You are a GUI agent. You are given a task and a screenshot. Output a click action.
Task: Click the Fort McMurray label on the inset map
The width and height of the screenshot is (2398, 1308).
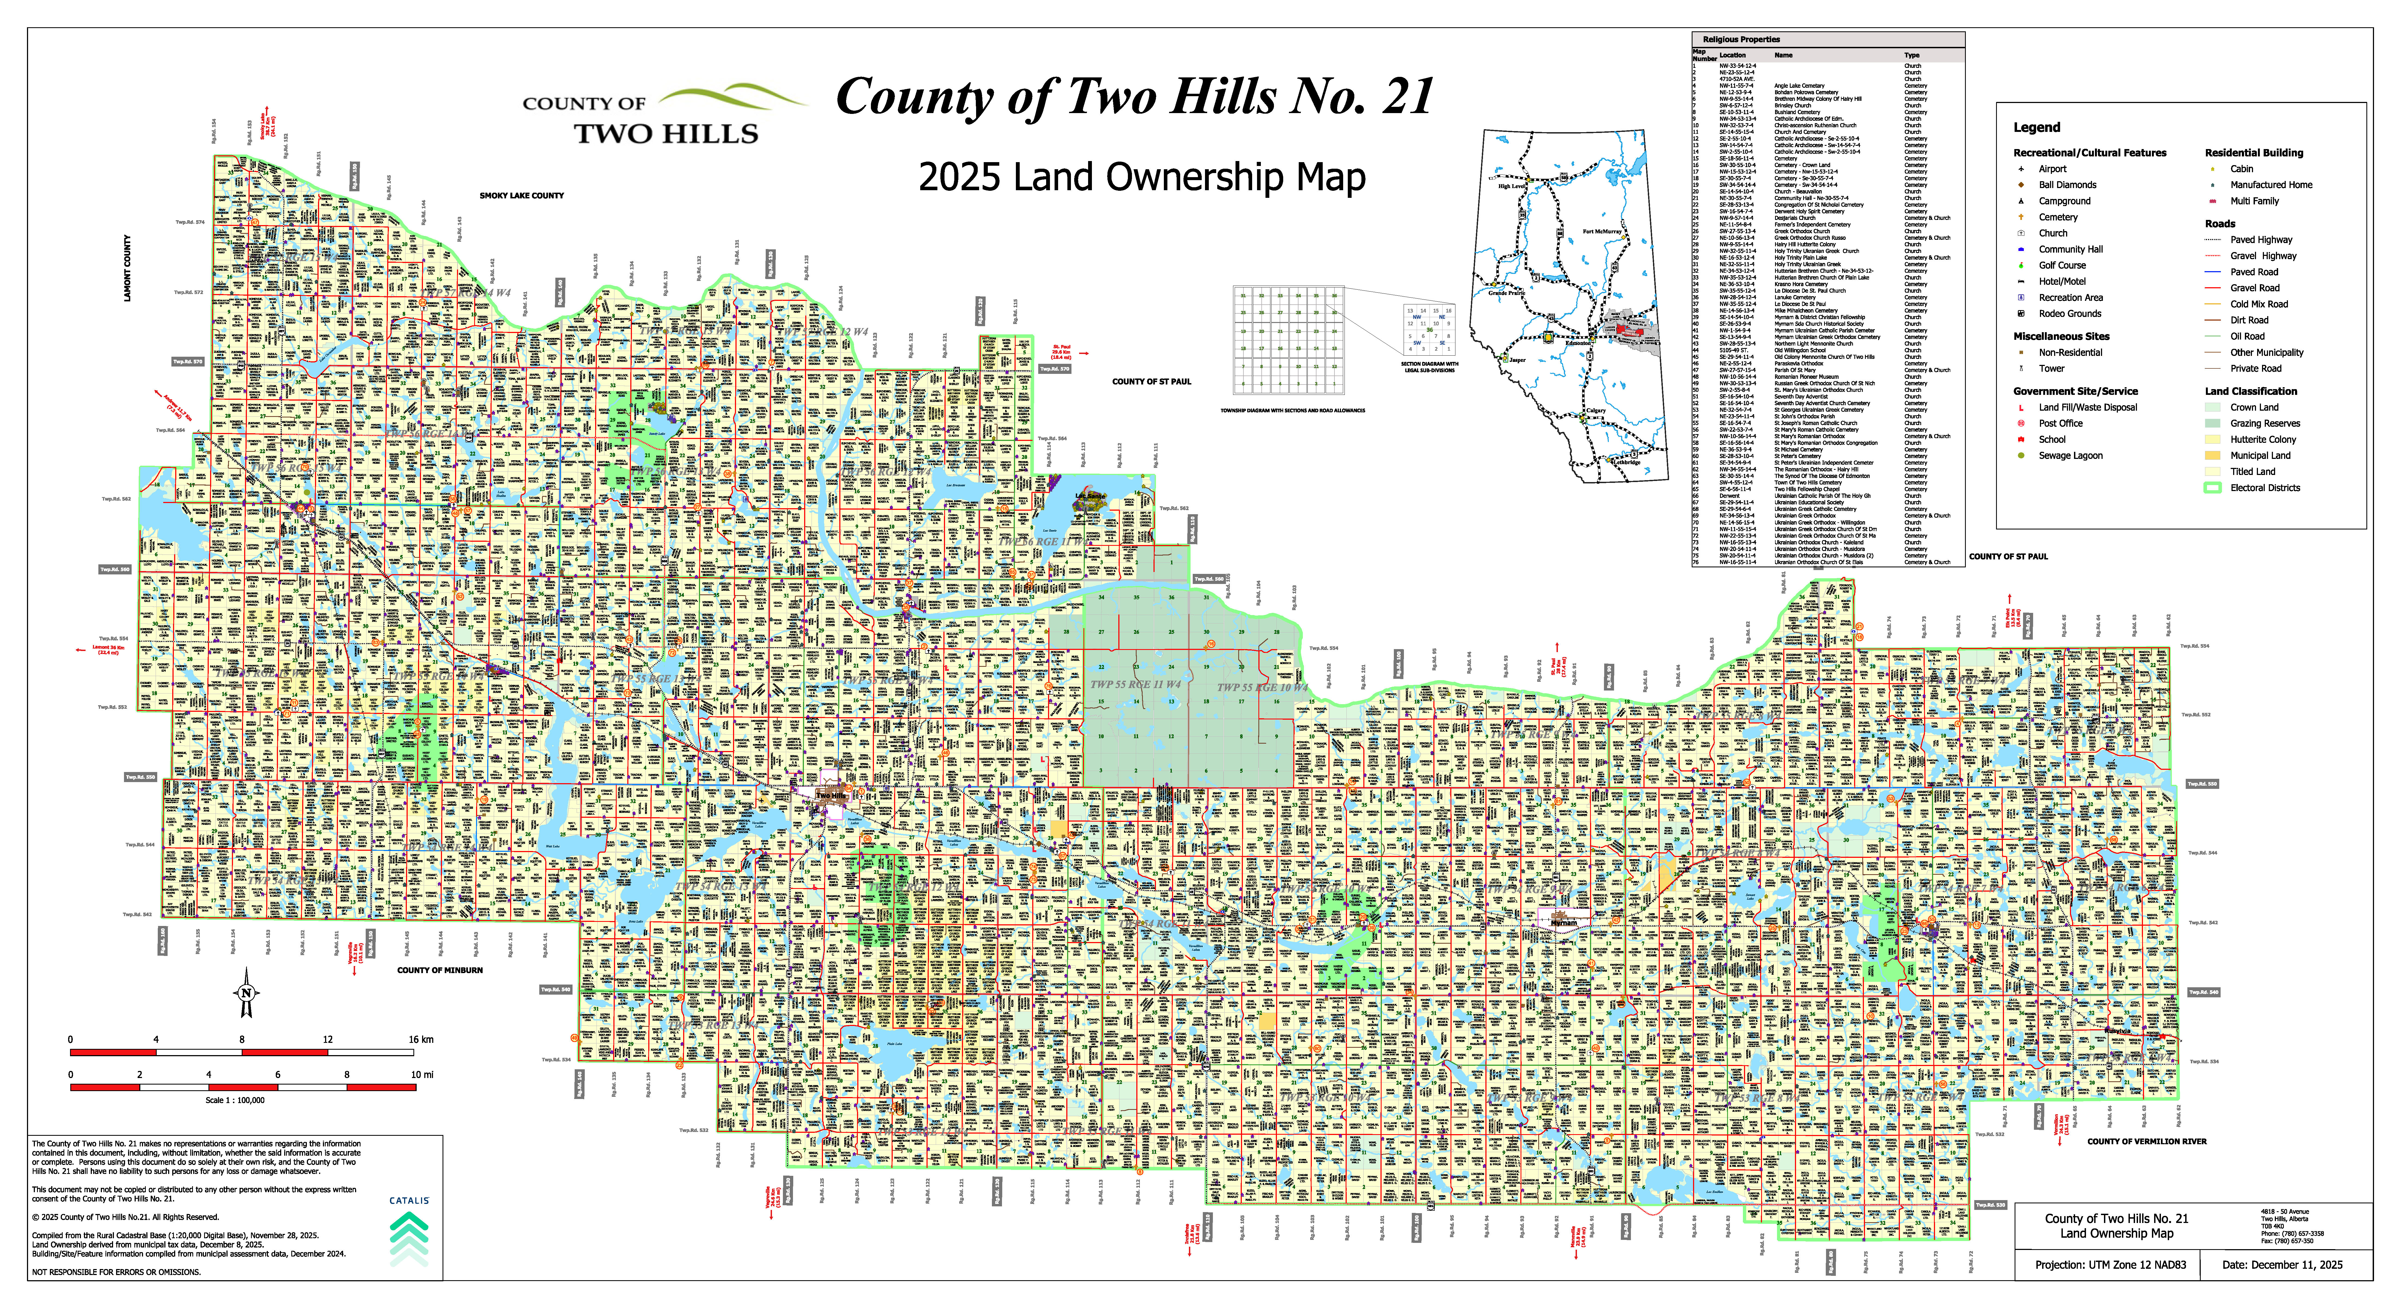[x=1602, y=231]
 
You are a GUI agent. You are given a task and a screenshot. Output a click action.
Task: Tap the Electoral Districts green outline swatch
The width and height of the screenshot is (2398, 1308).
[x=2213, y=488]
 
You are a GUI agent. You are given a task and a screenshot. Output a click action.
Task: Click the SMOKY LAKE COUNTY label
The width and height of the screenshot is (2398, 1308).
[x=521, y=195]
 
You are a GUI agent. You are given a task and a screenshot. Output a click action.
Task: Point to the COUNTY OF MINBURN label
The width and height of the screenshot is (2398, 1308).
[x=439, y=970]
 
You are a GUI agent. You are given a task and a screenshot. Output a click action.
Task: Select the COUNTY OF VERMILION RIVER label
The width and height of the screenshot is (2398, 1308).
[x=2147, y=1141]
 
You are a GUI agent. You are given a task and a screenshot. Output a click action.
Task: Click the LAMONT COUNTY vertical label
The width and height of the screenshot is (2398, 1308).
[x=128, y=268]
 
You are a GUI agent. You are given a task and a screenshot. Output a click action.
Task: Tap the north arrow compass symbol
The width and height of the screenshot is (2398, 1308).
[x=247, y=992]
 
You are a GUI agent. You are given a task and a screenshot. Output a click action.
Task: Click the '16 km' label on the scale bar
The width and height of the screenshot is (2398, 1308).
[x=421, y=1040]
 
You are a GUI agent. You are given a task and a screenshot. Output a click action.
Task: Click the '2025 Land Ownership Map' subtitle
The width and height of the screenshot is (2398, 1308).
[x=1142, y=177]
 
